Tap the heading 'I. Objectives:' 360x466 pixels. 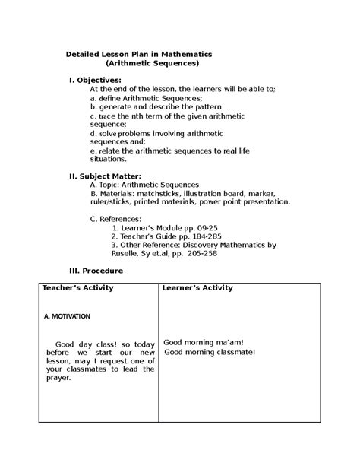pyautogui.click(x=95, y=80)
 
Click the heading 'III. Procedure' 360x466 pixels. pyautogui.click(x=95, y=271)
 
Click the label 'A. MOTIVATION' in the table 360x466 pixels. pyautogui.click(x=66, y=315)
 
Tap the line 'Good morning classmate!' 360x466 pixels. pyautogui.click(x=210, y=352)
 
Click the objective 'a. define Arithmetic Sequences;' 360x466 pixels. pyautogui.click(x=146, y=99)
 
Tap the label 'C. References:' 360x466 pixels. pyautogui.click(x=115, y=218)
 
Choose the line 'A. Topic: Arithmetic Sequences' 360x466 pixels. pyautogui.click(x=144, y=184)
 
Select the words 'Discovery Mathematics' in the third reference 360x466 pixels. pyautogui.click(x=230, y=246)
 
